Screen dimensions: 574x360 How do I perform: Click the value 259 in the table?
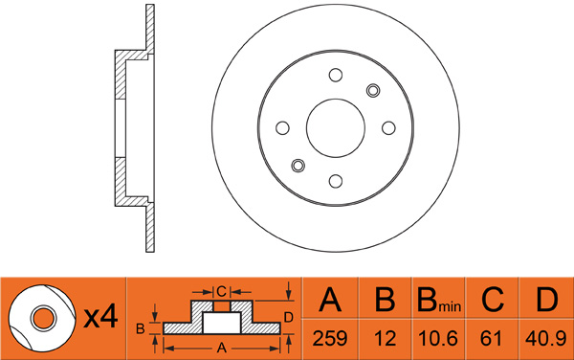[x=329, y=338]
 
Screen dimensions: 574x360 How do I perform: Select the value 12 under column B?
[x=386, y=338]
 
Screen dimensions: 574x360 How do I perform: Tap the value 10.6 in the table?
[x=438, y=338]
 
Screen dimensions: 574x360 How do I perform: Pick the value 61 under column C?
[x=491, y=338]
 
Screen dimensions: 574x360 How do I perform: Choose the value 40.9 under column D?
[x=546, y=338]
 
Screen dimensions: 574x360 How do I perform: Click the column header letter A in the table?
[x=330, y=300]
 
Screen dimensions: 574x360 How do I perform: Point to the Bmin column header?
[x=438, y=300]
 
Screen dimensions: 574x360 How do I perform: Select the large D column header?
[x=546, y=300]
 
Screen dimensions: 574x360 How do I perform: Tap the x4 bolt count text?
[x=100, y=317]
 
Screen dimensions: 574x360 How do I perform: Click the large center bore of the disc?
[x=336, y=127]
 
